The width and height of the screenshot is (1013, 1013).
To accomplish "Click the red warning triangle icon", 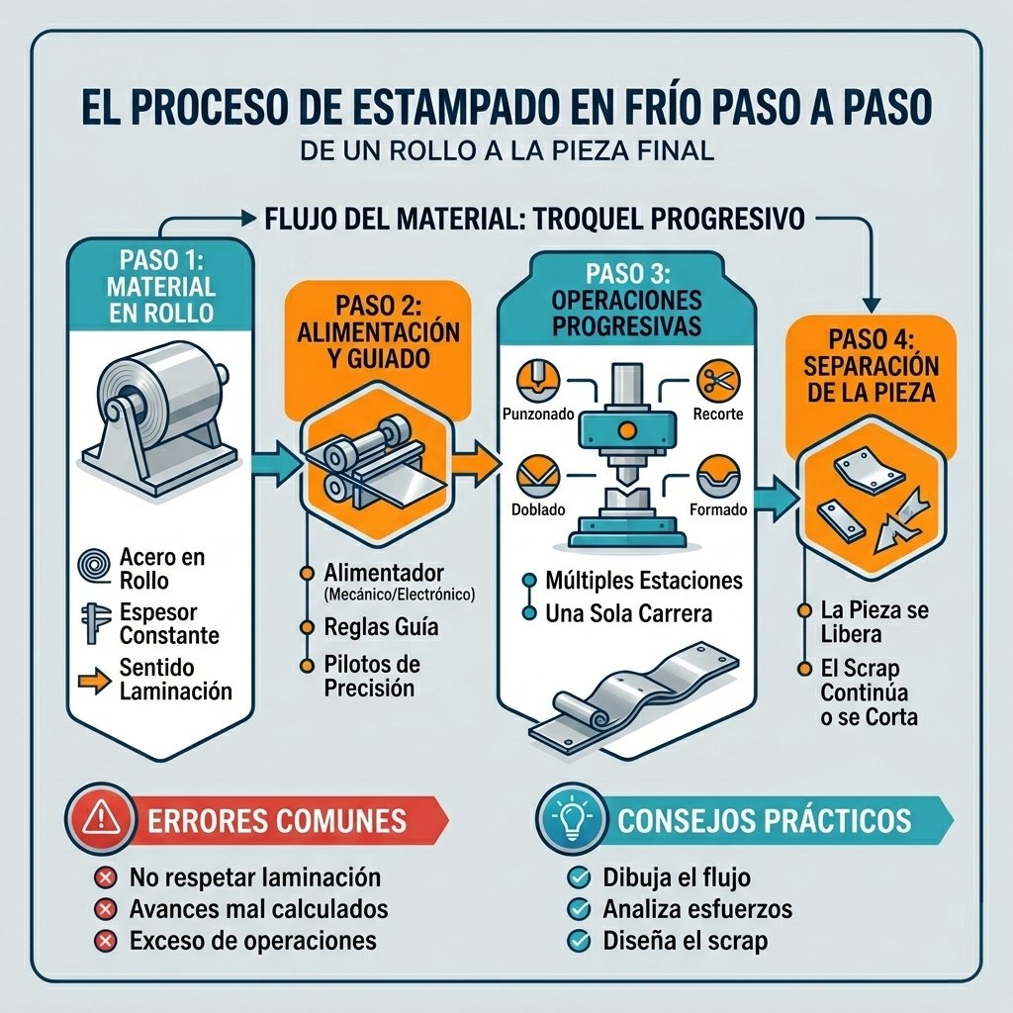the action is coord(101,816).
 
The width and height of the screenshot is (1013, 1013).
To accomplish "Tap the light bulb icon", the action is coord(572,817).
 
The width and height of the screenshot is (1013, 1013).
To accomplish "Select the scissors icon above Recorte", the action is coord(718,381).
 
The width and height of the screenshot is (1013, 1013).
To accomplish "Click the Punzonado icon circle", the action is coord(538,381).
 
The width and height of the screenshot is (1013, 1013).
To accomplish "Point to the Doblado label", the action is coord(538,509).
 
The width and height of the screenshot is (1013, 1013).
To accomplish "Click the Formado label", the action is coord(718,509).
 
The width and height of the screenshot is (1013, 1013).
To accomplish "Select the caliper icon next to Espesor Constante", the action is coord(94,623).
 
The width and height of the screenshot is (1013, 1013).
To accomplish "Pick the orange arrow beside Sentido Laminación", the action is coord(94,681).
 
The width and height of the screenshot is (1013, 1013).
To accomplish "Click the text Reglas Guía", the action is coord(381,626).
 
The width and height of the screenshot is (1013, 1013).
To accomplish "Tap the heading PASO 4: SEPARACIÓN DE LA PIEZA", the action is coord(871,366).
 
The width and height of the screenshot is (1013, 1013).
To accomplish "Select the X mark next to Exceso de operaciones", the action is coord(105,941).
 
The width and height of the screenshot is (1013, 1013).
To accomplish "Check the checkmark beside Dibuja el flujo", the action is coord(578,877).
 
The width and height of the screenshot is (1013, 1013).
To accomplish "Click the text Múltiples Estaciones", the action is coord(644,580).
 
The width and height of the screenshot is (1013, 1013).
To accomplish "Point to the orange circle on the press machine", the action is coord(626,431).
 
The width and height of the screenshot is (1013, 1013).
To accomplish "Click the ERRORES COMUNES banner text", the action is coord(277,820).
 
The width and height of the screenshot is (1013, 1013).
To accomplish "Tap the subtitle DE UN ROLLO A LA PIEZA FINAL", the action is coord(507,151).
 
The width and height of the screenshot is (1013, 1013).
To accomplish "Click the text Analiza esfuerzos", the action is coord(697,909).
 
